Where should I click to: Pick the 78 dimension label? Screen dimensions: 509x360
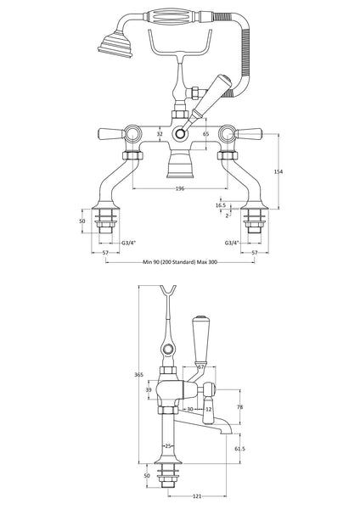[239, 407]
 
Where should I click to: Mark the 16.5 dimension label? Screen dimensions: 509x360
[220, 204]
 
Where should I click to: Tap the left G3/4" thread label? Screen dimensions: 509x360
[128, 243]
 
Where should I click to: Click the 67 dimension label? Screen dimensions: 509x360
[200, 367]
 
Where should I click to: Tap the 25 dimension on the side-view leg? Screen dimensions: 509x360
[170, 445]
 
